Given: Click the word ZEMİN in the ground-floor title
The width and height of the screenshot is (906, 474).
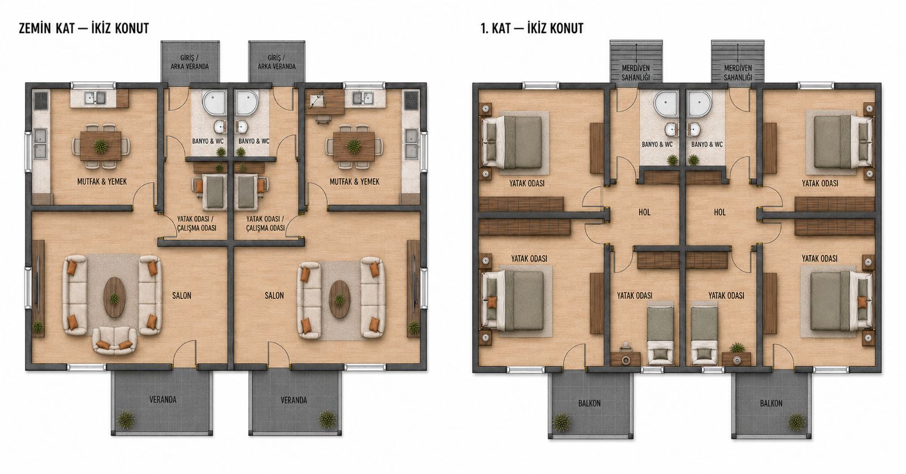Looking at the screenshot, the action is click(35, 28).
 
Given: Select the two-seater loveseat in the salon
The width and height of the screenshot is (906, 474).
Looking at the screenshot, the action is click(114, 340).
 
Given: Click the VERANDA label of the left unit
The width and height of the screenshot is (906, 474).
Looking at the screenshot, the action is click(163, 400).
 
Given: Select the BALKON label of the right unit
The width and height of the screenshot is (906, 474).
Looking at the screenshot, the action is click(771, 403).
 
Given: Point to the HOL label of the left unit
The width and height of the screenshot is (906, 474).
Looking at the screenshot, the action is click(644, 212).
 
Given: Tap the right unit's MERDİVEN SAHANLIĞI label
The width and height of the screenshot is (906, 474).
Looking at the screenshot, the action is click(738, 73).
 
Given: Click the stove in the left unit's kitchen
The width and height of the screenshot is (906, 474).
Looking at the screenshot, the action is click(41, 100).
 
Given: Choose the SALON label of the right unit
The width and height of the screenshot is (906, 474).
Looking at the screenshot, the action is click(274, 296).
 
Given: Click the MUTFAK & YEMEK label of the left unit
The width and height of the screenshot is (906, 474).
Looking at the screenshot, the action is click(102, 182).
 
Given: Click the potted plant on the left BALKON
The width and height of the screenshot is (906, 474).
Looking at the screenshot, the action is click(561, 422).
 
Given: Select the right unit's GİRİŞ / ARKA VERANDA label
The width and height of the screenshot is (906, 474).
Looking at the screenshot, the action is click(277, 62).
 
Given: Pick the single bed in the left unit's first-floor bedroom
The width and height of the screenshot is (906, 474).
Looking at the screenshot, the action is click(661, 335).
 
